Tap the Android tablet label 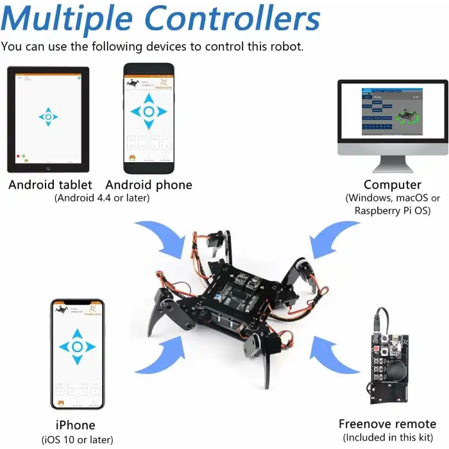coord(50,185)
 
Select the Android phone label coord(149,185)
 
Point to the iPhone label coord(76,425)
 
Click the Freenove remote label coord(387,424)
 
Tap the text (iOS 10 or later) coord(76,439)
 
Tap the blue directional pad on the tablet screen coord(48,117)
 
